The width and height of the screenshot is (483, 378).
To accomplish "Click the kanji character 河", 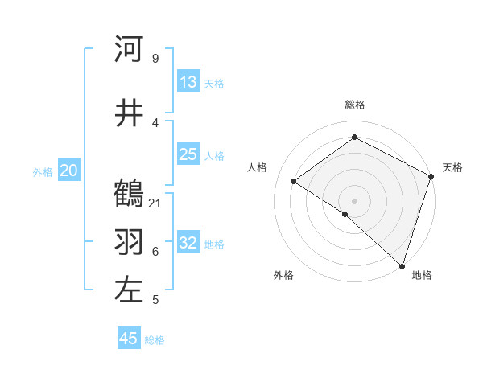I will [x=129, y=49].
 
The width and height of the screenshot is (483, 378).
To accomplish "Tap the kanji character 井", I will [x=129, y=113].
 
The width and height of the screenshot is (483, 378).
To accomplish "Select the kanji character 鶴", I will [x=129, y=193].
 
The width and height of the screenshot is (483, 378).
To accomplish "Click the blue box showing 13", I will [x=188, y=82].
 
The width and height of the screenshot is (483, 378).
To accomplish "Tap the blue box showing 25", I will [x=188, y=154].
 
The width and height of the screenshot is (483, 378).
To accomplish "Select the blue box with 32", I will [x=188, y=243].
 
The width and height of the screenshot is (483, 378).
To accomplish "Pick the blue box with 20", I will [x=69, y=171].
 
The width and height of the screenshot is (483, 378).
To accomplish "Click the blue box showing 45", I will [x=129, y=339].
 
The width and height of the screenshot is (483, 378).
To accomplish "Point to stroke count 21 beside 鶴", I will [x=155, y=203].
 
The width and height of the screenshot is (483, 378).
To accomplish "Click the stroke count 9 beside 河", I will [x=155, y=59].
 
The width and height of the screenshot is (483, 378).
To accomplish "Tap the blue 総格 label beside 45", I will [x=155, y=340].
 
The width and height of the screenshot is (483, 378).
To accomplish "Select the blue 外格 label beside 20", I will [x=43, y=171].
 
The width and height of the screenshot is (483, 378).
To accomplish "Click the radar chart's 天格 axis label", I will [x=452, y=167].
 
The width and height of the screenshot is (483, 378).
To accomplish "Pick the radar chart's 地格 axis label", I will [x=422, y=275].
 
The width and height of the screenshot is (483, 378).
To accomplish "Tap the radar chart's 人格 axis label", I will [x=258, y=167].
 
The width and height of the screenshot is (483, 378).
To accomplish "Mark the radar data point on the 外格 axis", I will [x=345, y=214].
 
